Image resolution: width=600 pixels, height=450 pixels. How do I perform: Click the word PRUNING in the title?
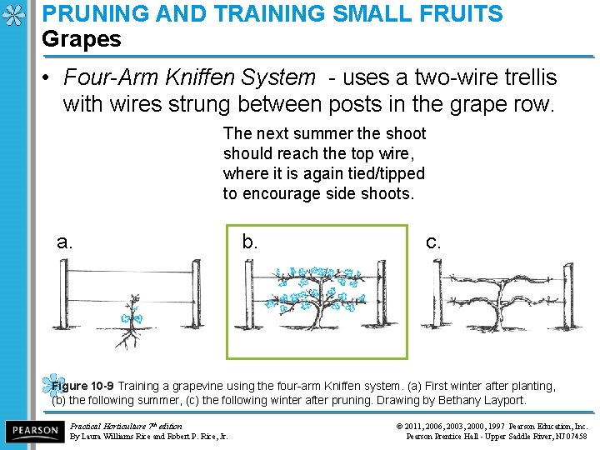(x=96, y=13)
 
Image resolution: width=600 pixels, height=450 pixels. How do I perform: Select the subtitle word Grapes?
(x=82, y=40)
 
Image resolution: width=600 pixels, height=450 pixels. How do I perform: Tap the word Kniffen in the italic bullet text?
(x=200, y=77)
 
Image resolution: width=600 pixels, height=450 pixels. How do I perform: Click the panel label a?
(x=64, y=242)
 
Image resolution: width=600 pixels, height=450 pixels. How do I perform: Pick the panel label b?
(x=249, y=241)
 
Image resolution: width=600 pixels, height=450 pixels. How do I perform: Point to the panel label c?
(x=433, y=242)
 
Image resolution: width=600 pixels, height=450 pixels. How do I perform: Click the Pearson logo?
(x=35, y=431)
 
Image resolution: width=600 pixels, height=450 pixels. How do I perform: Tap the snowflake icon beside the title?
(x=13, y=15)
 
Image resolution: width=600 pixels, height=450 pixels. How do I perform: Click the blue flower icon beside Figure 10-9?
(x=52, y=384)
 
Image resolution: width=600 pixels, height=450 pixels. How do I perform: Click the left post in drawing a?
(x=64, y=294)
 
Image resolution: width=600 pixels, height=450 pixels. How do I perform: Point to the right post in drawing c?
(x=568, y=295)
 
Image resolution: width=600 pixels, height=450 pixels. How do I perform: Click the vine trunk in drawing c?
(x=500, y=306)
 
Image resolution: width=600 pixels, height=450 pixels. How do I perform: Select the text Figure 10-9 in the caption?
(x=82, y=386)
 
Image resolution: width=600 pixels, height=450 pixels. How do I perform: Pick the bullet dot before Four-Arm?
(x=46, y=78)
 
